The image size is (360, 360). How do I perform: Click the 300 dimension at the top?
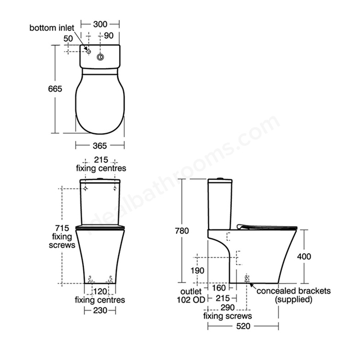(100, 24)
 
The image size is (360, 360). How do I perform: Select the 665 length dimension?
(55, 89)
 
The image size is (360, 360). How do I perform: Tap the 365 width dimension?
(100, 146)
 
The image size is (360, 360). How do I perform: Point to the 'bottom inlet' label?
(52, 28)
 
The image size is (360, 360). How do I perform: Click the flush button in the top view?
(100, 57)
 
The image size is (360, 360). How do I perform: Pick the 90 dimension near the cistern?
(109, 35)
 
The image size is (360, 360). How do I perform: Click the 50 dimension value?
(68, 39)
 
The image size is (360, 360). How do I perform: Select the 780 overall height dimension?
(182, 231)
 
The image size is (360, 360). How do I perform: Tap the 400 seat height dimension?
(304, 256)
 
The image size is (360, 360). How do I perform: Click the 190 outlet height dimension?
(197, 271)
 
